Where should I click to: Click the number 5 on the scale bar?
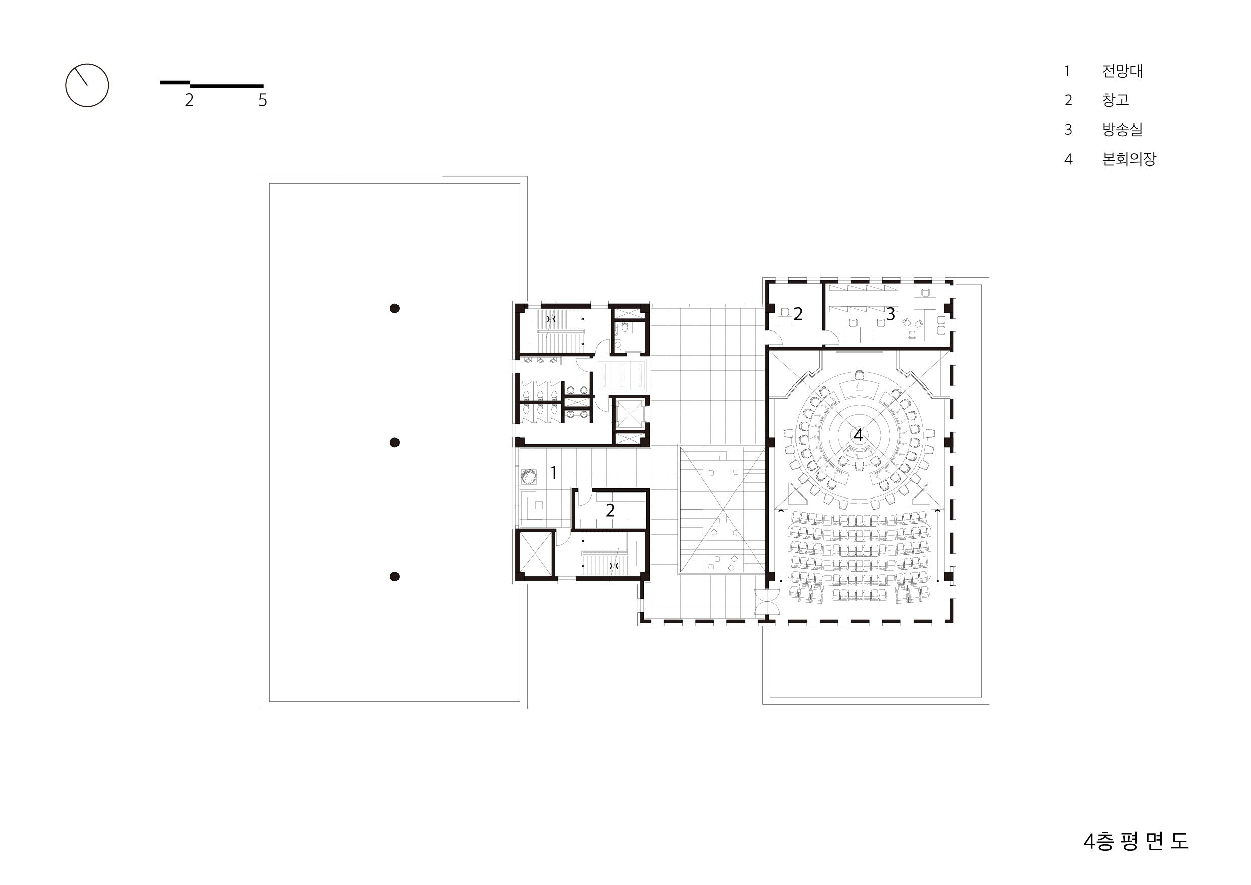[x=263, y=100]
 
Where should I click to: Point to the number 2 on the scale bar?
[x=189, y=100]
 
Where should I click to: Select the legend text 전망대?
[x=1122, y=71]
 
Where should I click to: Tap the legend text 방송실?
[x=1122, y=130]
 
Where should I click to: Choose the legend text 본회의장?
[x=1129, y=159]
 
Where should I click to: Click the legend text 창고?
[x=1115, y=100]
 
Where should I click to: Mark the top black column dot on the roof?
[x=395, y=308]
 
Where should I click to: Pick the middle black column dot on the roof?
[x=395, y=443]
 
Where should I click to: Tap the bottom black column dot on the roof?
[x=395, y=577]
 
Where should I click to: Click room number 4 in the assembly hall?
[x=858, y=435]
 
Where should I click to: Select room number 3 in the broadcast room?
[x=890, y=314]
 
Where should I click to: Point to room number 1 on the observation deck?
[x=553, y=473]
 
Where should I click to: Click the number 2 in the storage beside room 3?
[x=798, y=314]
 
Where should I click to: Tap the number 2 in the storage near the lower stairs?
[x=610, y=510]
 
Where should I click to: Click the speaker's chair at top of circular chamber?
[x=859, y=375]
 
